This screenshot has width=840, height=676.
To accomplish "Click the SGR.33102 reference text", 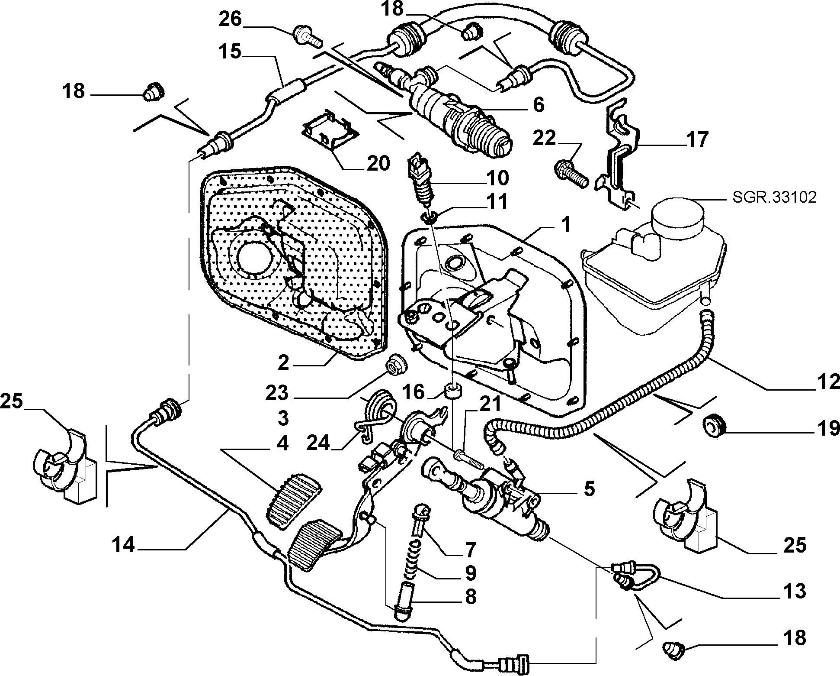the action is point(775,197).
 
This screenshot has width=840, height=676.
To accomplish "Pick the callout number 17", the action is point(697,139).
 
